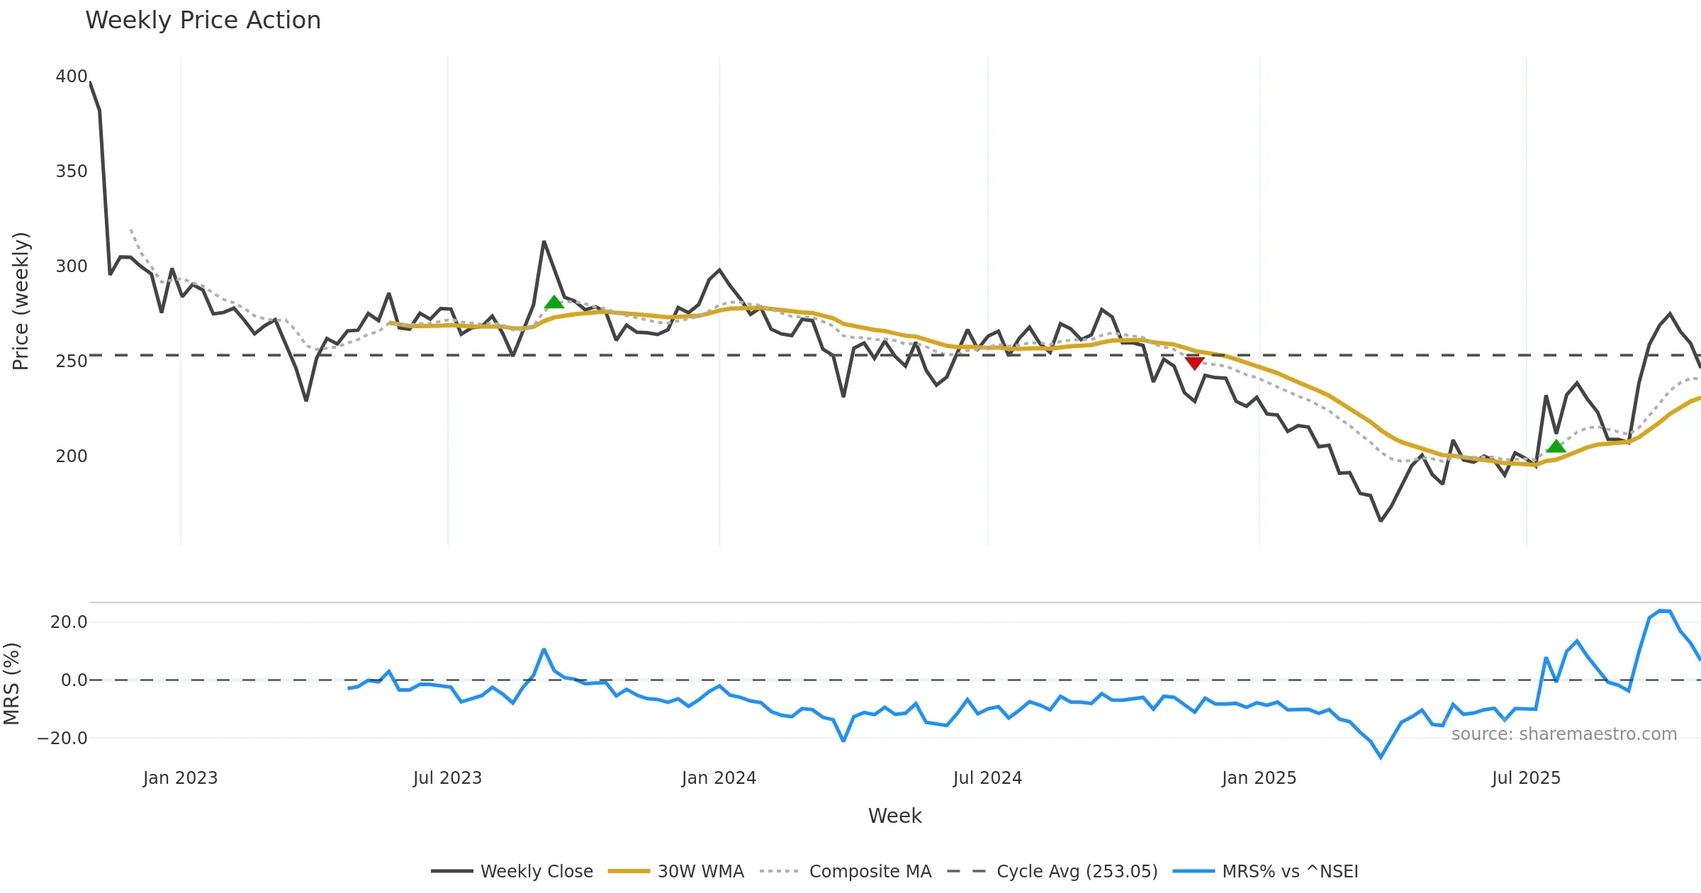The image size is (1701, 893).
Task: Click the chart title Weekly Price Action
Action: (203, 21)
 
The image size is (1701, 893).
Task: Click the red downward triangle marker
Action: (1194, 363)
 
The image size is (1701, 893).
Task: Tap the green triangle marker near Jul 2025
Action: (1556, 446)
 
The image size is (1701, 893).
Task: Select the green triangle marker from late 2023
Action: (554, 303)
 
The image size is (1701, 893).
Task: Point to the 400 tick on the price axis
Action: (72, 77)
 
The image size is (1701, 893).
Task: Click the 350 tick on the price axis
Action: (72, 172)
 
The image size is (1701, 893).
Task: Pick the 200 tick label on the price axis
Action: (72, 456)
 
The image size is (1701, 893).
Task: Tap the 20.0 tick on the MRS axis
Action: (69, 622)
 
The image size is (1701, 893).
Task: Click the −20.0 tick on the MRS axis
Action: (62, 738)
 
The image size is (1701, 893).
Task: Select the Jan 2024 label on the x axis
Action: (719, 778)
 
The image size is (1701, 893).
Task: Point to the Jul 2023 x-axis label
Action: (447, 778)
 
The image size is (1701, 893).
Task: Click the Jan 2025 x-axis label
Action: (1259, 778)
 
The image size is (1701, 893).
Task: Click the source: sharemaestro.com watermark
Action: (1564, 734)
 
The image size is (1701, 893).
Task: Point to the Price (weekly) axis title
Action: (21, 301)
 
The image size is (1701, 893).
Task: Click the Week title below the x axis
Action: (894, 816)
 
